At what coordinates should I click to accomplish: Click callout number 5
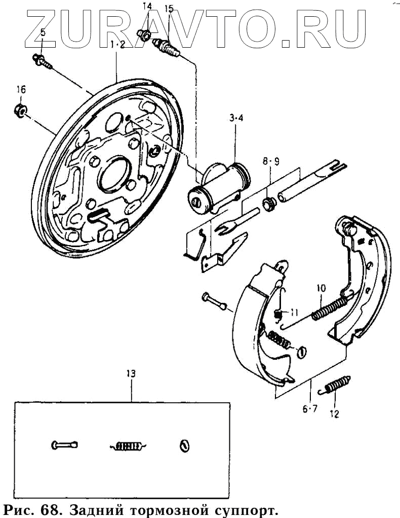tap(43, 32)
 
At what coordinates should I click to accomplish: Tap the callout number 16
tap(21, 90)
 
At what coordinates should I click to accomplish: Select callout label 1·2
tap(117, 45)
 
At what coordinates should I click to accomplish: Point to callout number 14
tap(147, 7)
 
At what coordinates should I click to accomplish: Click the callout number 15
tap(169, 8)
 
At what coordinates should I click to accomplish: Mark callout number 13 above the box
tap(131, 374)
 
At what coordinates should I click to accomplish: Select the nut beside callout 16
tap(20, 110)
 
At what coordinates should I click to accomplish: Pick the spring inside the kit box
tap(127, 446)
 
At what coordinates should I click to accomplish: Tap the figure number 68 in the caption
tap(50, 508)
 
